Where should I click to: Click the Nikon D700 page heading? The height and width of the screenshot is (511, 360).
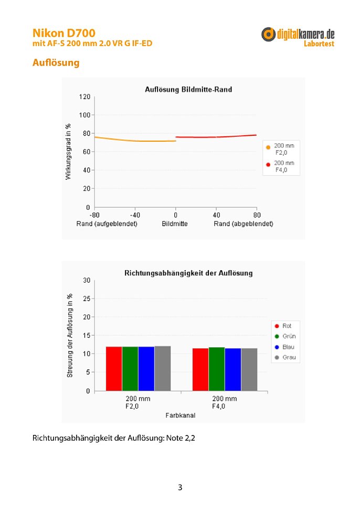click(63, 33)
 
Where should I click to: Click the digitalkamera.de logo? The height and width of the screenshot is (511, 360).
click(298, 35)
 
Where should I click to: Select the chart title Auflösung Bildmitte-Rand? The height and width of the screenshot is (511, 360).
click(188, 90)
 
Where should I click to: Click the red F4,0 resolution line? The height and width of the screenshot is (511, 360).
click(216, 137)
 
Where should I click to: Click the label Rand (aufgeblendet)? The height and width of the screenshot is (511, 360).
click(108, 223)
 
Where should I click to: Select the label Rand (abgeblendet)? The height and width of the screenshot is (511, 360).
click(243, 223)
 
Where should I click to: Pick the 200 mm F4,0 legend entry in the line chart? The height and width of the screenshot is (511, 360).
click(283, 166)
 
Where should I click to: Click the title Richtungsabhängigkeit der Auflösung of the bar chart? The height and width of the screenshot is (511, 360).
click(188, 273)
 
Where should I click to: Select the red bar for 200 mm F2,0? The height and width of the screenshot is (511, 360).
click(114, 369)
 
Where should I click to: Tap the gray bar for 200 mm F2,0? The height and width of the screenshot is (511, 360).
click(163, 368)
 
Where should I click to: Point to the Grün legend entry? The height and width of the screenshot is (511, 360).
click(286, 336)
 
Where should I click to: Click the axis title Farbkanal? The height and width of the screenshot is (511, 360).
click(181, 416)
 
